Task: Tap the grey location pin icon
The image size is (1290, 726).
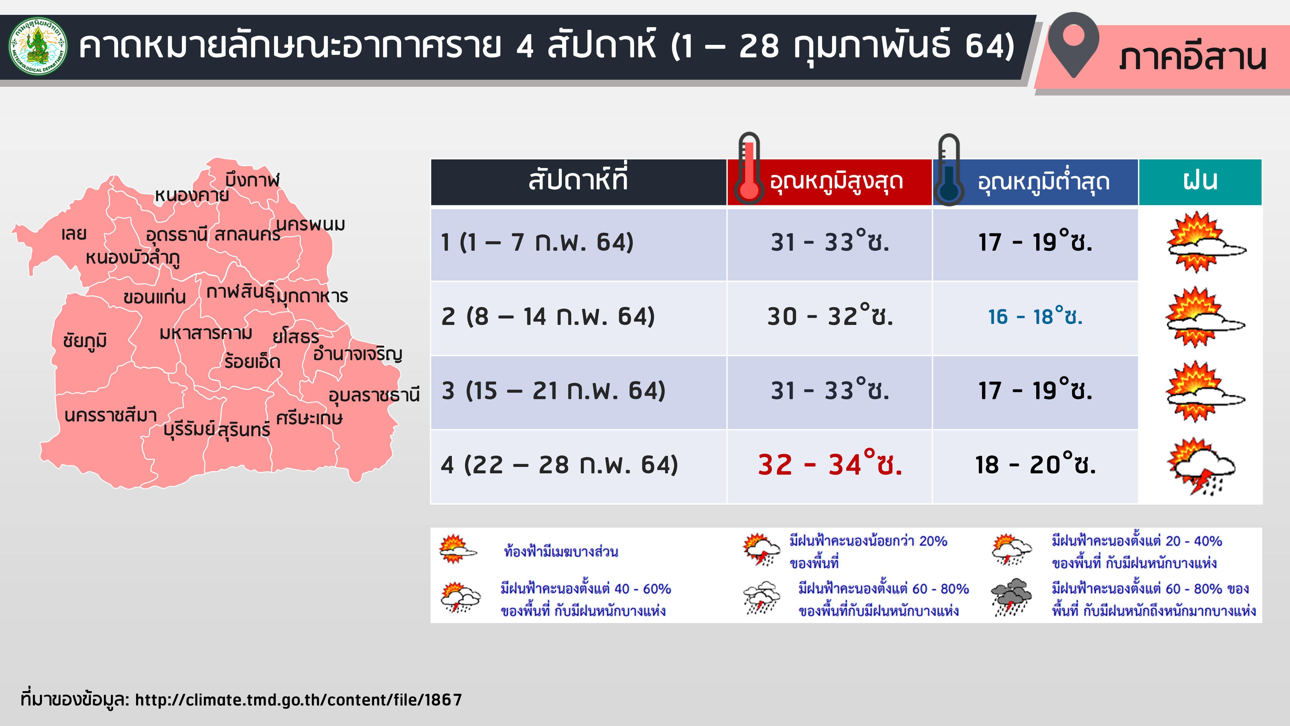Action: (1073, 45)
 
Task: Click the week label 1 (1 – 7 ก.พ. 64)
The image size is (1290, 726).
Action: (537, 243)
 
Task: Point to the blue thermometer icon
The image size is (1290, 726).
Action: (948, 169)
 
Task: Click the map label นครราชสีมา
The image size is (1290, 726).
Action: (111, 415)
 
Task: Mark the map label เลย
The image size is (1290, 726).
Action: (74, 234)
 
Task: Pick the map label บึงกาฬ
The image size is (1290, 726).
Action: (253, 179)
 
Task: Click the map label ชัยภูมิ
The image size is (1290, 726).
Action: (85, 341)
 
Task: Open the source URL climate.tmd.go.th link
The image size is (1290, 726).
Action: (298, 700)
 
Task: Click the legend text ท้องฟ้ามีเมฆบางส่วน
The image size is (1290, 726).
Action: (561, 552)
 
